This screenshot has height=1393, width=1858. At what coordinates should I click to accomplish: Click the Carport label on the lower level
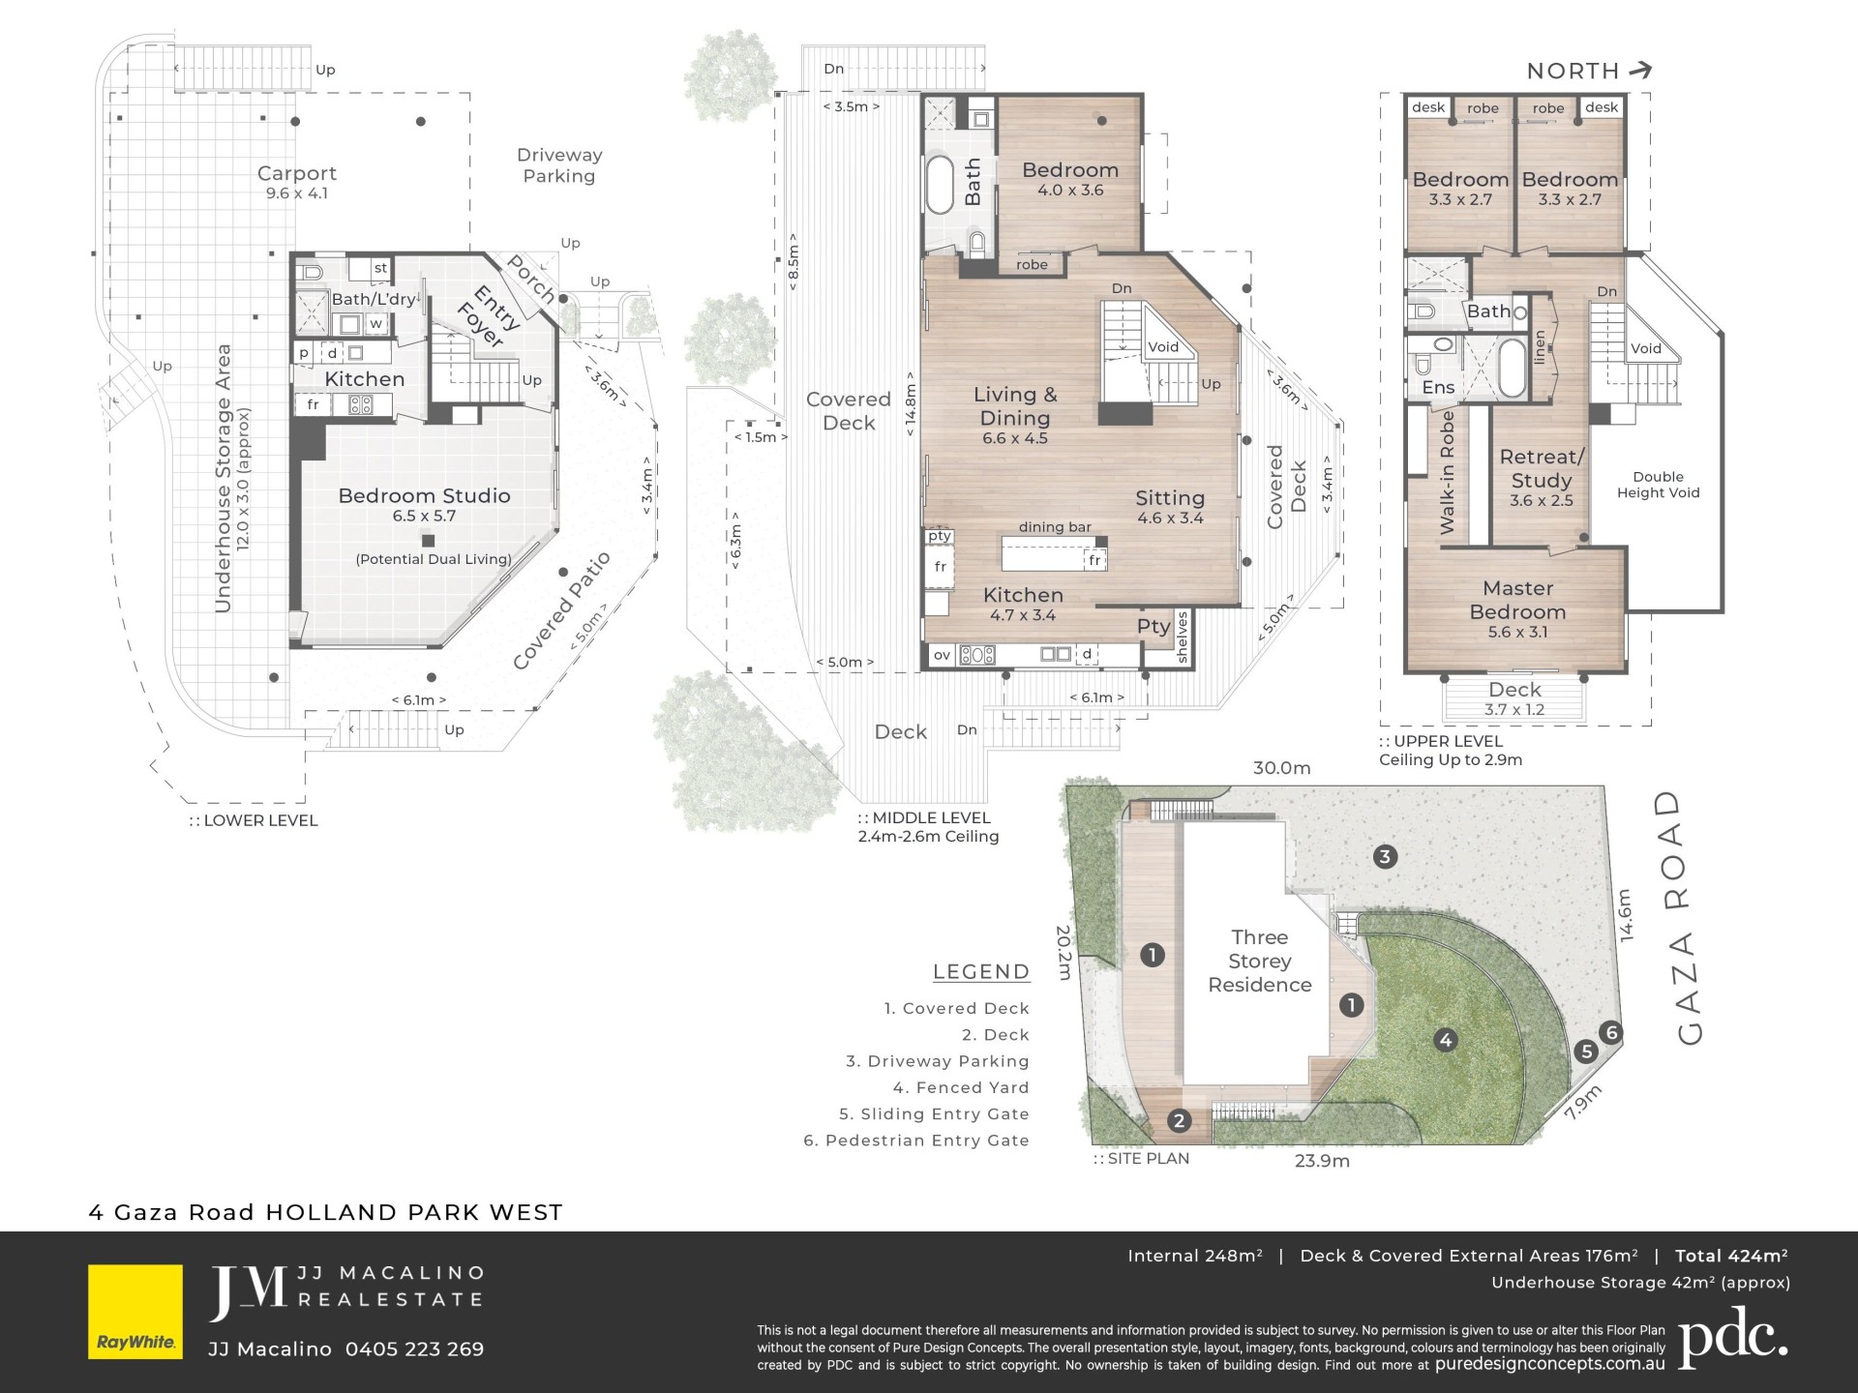point(297,173)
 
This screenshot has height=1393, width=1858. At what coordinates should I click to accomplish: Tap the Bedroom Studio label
point(424,495)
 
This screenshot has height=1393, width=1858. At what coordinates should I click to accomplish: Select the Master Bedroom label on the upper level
point(1517,600)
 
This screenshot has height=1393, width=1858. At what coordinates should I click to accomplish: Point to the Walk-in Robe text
point(1448,472)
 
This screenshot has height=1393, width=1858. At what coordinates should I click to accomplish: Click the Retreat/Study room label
point(1542,468)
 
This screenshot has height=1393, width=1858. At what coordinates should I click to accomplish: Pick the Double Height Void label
point(1658,485)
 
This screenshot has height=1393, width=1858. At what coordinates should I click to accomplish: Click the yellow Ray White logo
point(135,1311)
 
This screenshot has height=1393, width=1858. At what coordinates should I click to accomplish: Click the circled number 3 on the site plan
point(1385,856)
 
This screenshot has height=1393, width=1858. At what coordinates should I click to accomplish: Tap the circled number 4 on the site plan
point(1446,1040)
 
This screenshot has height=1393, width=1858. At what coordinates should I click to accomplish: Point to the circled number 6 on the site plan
point(1611,1032)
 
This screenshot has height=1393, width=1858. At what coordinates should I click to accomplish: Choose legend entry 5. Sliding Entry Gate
point(934,1114)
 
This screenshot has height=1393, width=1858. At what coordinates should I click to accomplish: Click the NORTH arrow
point(1640,70)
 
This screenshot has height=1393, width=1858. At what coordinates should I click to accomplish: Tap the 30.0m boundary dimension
point(1282,768)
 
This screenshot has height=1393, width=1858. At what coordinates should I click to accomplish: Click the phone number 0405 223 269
point(414,1349)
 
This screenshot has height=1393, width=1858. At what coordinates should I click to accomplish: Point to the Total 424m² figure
point(1731,1256)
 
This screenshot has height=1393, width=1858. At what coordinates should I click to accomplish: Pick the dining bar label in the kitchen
point(1055,527)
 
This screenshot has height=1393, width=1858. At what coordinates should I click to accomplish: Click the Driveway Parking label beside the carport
point(559,165)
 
